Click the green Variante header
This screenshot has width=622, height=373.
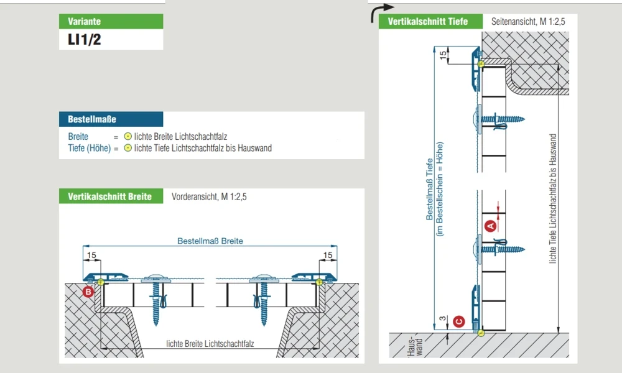[111, 21]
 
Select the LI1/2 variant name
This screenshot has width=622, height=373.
[85, 40]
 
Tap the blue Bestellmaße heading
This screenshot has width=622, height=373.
[111, 119]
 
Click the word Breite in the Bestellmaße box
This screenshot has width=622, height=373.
[78, 137]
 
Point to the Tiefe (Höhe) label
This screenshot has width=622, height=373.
[89, 148]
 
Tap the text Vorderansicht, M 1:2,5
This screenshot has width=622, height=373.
[209, 196]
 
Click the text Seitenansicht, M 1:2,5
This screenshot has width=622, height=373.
[528, 21]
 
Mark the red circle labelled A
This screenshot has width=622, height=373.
[491, 226]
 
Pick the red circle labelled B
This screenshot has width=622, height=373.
[88, 292]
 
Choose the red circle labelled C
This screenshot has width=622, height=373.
[459, 321]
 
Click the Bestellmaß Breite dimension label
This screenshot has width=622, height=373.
[210, 241]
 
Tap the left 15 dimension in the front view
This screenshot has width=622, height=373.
[91, 256]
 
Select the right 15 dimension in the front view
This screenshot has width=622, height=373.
[328, 256]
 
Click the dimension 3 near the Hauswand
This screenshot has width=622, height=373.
[443, 319]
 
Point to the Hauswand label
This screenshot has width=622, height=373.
[415, 346]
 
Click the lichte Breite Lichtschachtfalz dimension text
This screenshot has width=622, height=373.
[210, 344]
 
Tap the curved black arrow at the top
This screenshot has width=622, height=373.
[382, 12]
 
